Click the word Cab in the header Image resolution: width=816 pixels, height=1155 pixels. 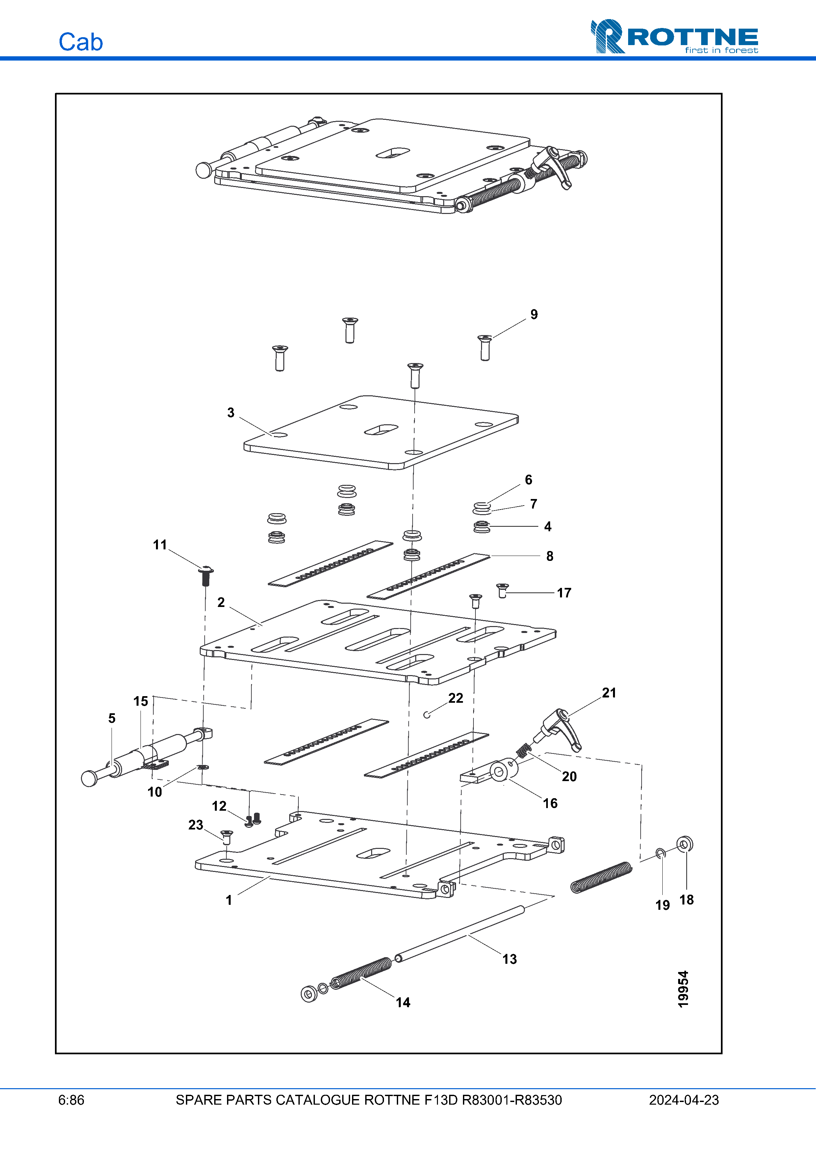(x=80, y=42)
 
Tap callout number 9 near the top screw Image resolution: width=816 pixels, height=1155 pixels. (x=534, y=314)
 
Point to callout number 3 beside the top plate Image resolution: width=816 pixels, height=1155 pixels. (x=231, y=412)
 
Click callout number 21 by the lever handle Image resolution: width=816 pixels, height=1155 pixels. (x=609, y=693)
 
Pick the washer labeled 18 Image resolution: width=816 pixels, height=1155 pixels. (x=684, y=844)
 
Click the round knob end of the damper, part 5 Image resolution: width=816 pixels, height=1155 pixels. (x=89, y=778)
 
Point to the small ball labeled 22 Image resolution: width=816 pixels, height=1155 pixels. (x=426, y=715)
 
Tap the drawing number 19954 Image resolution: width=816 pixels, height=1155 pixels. (x=683, y=989)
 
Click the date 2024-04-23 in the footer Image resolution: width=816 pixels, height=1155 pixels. (x=683, y=1100)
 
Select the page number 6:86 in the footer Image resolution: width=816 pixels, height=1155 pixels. (x=71, y=1100)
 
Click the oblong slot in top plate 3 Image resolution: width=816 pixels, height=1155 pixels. (x=381, y=429)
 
